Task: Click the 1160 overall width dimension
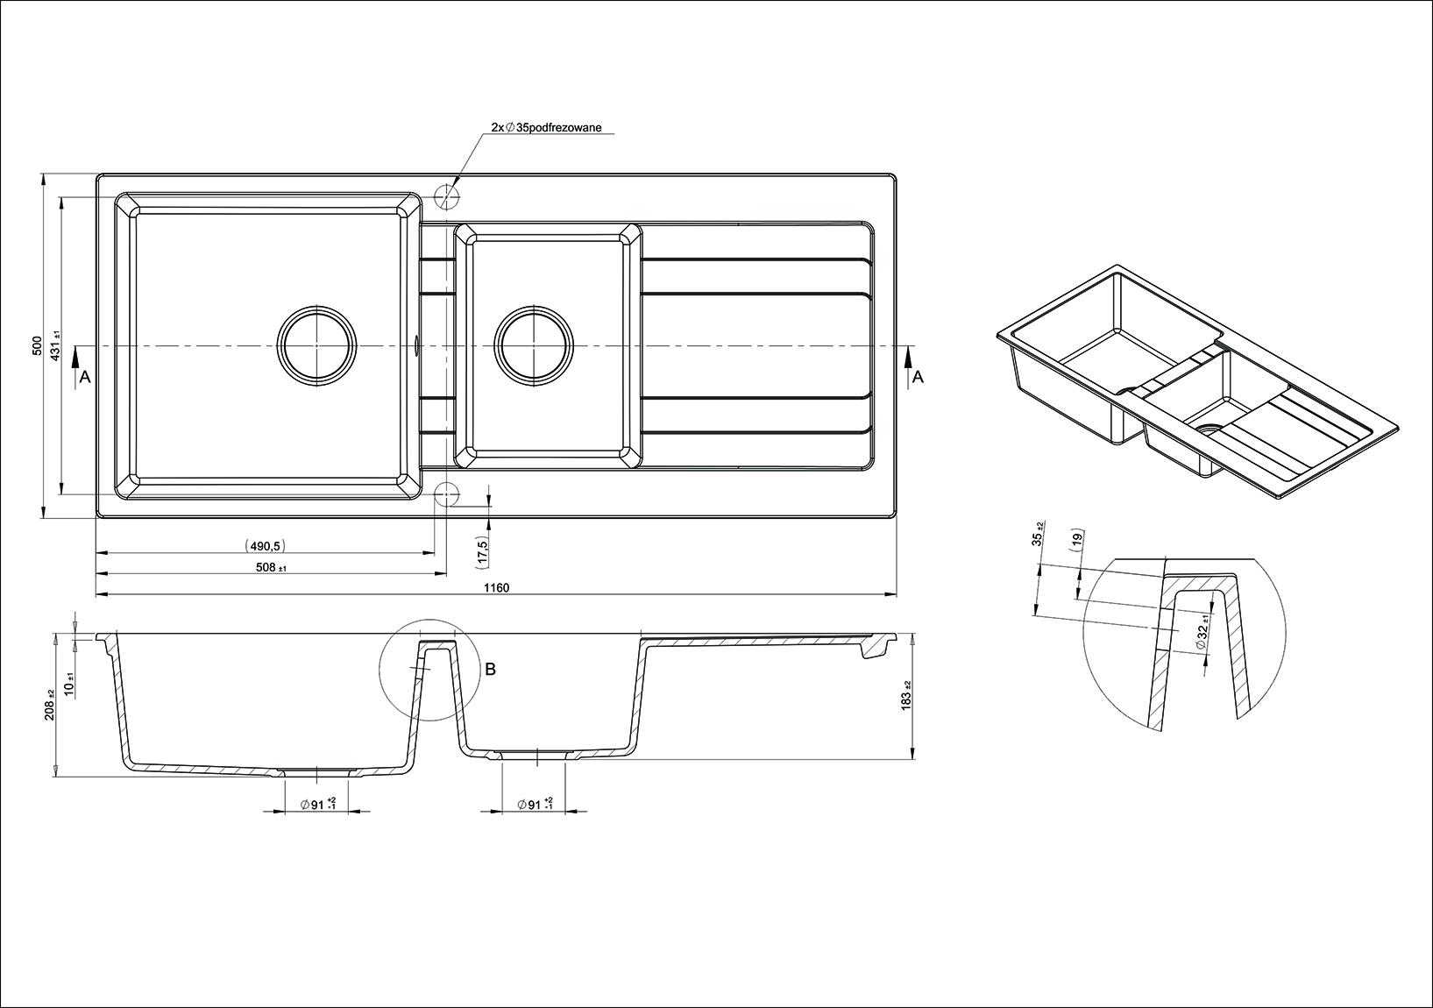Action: [x=495, y=588]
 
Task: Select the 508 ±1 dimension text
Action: [x=272, y=568]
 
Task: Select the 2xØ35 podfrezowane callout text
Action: [x=546, y=127]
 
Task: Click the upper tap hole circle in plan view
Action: [x=447, y=196]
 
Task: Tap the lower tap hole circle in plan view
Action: [x=447, y=494]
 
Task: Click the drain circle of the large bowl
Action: [x=318, y=345]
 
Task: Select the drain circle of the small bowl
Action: [x=534, y=345]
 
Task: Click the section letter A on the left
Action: [x=84, y=377]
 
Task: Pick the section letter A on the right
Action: [x=917, y=377]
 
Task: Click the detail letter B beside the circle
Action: [x=491, y=669]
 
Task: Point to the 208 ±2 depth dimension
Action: [x=50, y=704]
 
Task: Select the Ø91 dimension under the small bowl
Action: [x=535, y=804]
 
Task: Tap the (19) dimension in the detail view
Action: [x=1077, y=541]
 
